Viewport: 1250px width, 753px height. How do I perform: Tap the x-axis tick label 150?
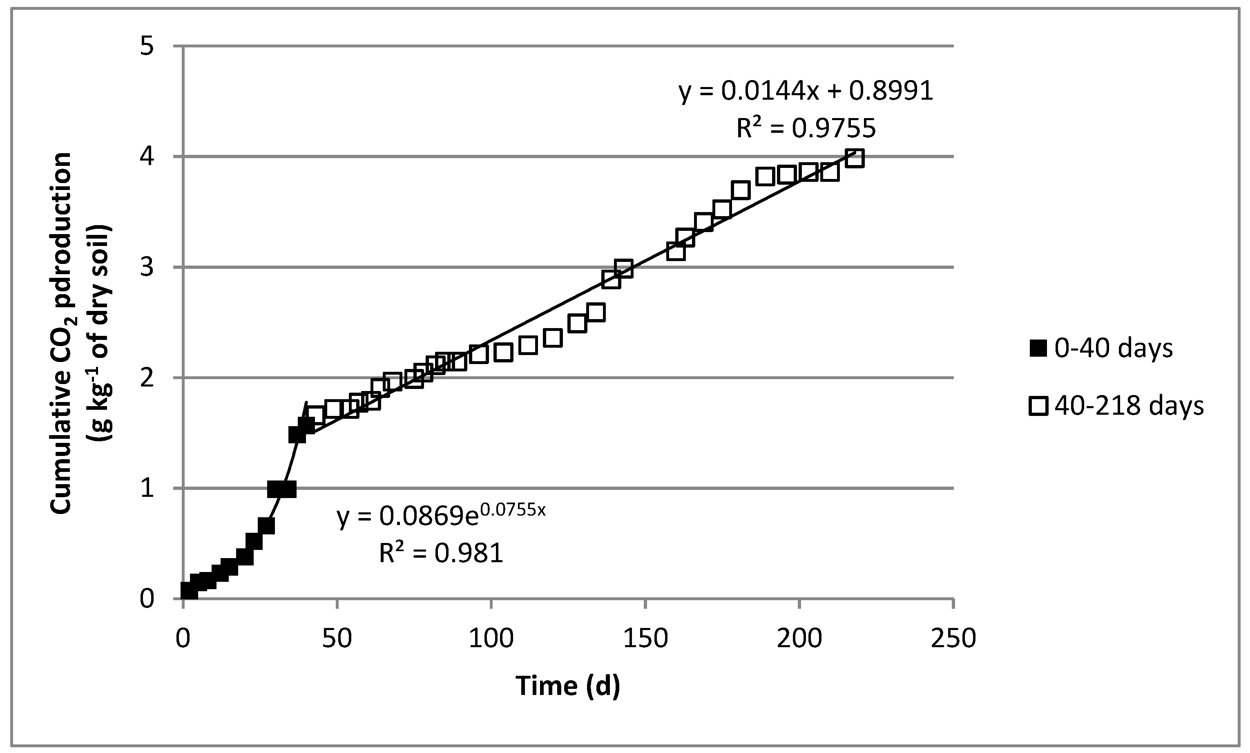pyautogui.click(x=645, y=638)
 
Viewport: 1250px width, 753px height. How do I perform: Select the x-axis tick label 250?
pyautogui.click(x=953, y=638)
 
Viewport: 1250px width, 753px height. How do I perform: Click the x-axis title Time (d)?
pyautogui.click(x=568, y=686)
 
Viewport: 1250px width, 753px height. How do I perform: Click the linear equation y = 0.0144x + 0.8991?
pyautogui.click(x=806, y=92)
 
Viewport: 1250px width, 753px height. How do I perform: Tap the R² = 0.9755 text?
pyautogui.click(x=806, y=128)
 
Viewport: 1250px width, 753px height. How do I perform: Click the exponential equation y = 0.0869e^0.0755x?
pyautogui.click(x=441, y=516)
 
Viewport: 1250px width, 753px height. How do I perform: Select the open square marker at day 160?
pyautogui.click(x=676, y=251)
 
